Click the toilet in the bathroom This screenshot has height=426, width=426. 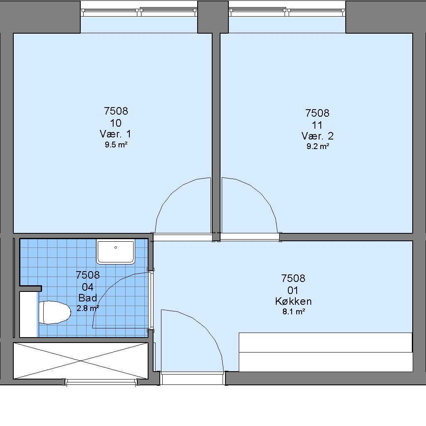coord(54,312)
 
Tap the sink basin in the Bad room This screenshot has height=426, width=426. coord(116,251)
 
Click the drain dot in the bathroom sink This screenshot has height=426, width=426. coord(116,247)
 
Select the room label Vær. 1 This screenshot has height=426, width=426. coord(115,134)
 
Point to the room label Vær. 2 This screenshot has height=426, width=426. coord(317,136)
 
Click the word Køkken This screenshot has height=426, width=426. coord(293,301)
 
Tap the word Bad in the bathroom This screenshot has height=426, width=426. coord(88,298)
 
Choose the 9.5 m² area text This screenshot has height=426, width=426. coord(116,144)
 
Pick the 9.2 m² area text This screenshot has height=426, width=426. coord(318,147)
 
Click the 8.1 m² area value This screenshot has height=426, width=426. coord(293,312)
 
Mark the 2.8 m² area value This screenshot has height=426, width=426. coord(88,308)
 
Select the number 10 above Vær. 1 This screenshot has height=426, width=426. coord(116,123)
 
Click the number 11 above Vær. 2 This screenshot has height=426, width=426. coord(317,125)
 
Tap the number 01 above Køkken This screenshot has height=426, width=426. coord(293,290)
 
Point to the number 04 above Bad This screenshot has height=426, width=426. coord(88,287)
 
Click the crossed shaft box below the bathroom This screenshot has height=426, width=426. coord(81,360)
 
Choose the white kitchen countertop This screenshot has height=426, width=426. coord(326,352)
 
